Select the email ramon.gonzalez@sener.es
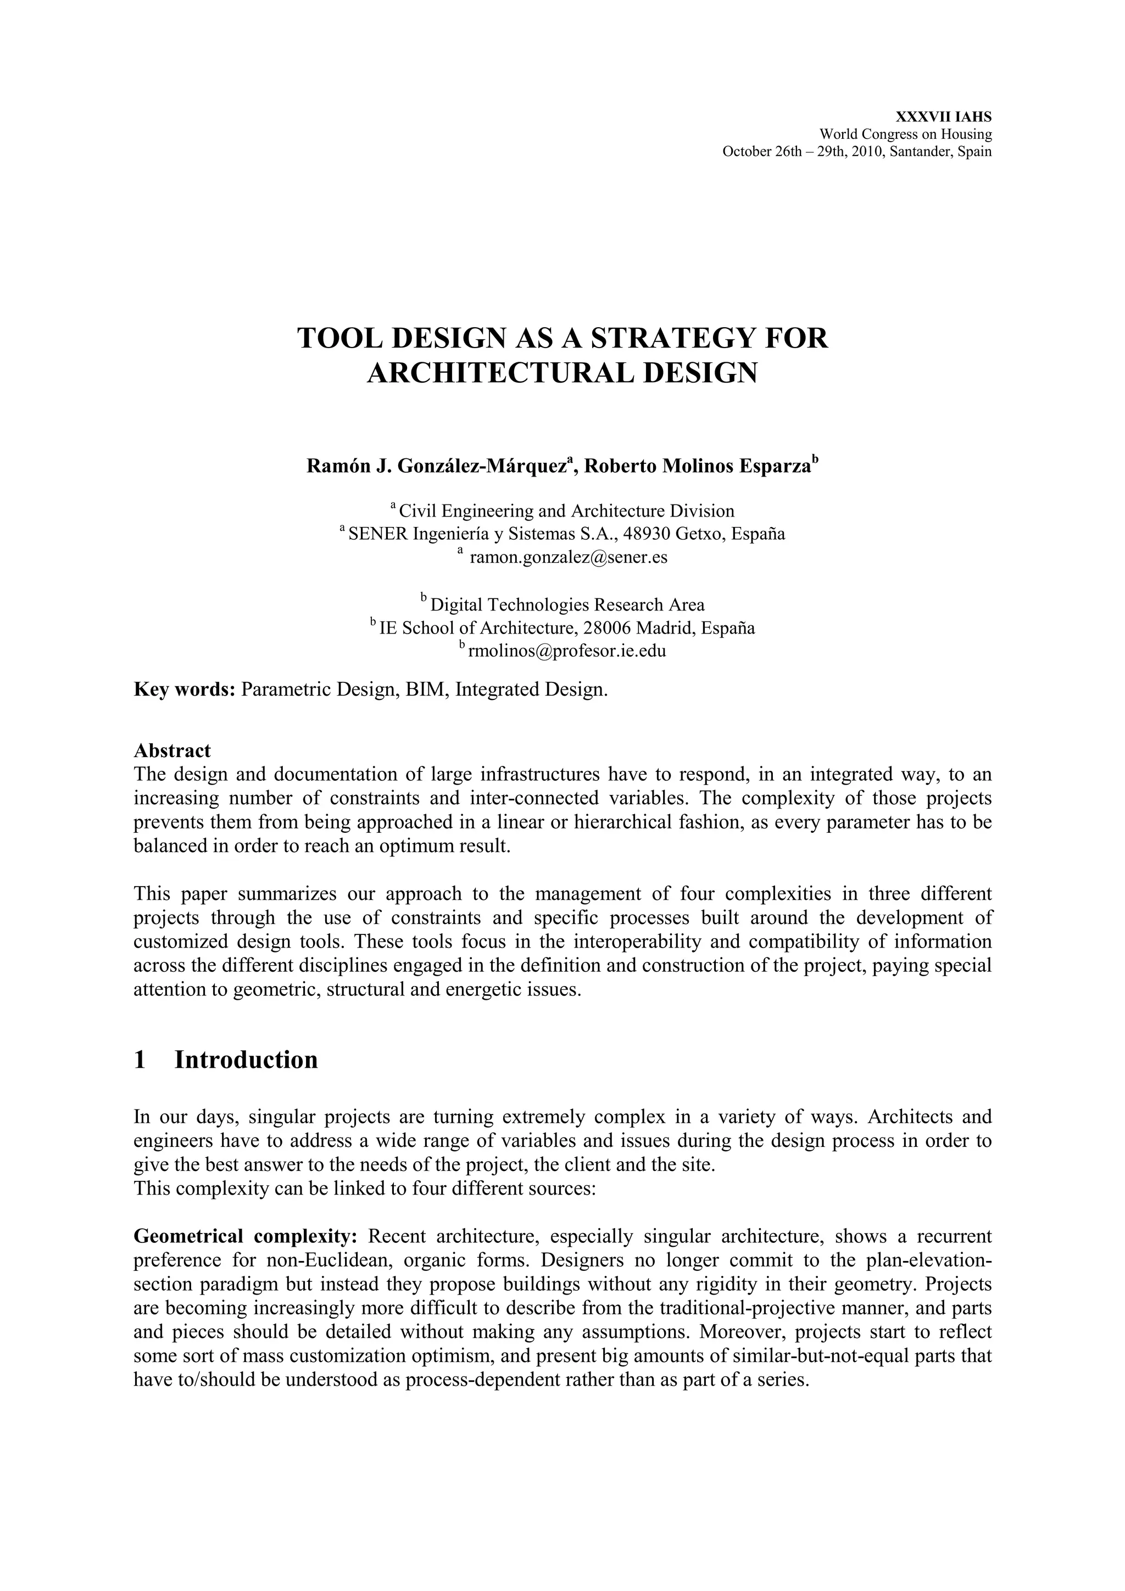569,557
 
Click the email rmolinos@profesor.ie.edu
567,651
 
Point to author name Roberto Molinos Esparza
697,466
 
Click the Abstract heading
172,750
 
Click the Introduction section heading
246,1060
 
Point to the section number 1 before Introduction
140,1060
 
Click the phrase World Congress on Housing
905,134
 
